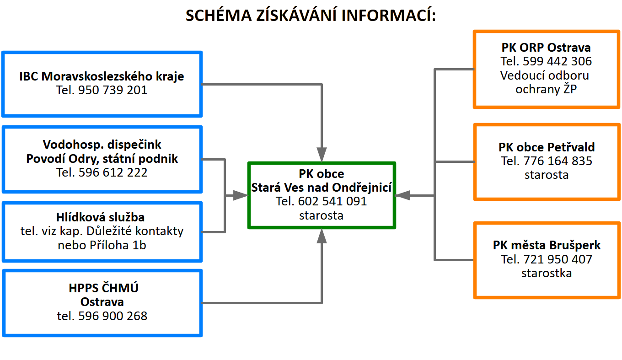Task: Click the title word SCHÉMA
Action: [x=219, y=15]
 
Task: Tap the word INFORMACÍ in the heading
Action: [x=389, y=15]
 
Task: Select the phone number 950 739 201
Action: [x=113, y=90]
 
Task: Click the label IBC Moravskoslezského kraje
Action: [x=102, y=76]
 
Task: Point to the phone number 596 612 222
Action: [x=113, y=172]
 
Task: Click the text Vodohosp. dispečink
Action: [x=102, y=145]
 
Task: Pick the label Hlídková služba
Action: [x=100, y=217]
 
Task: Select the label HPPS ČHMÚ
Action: [x=103, y=288]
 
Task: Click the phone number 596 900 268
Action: [x=113, y=316]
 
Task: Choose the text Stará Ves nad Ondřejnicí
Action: [x=321, y=188]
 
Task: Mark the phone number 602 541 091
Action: [x=332, y=201]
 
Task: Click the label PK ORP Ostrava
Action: [x=546, y=48]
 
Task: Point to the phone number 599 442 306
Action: [x=558, y=61]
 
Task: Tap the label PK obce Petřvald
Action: [x=547, y=147]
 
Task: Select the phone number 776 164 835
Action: [x=558, y=161]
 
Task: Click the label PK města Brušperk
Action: [x=547, y=245]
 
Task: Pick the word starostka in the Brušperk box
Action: [x=547, y=274]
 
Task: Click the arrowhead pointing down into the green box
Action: [x=322, y=154]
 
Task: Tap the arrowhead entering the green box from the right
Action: [x=402, y=196]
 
